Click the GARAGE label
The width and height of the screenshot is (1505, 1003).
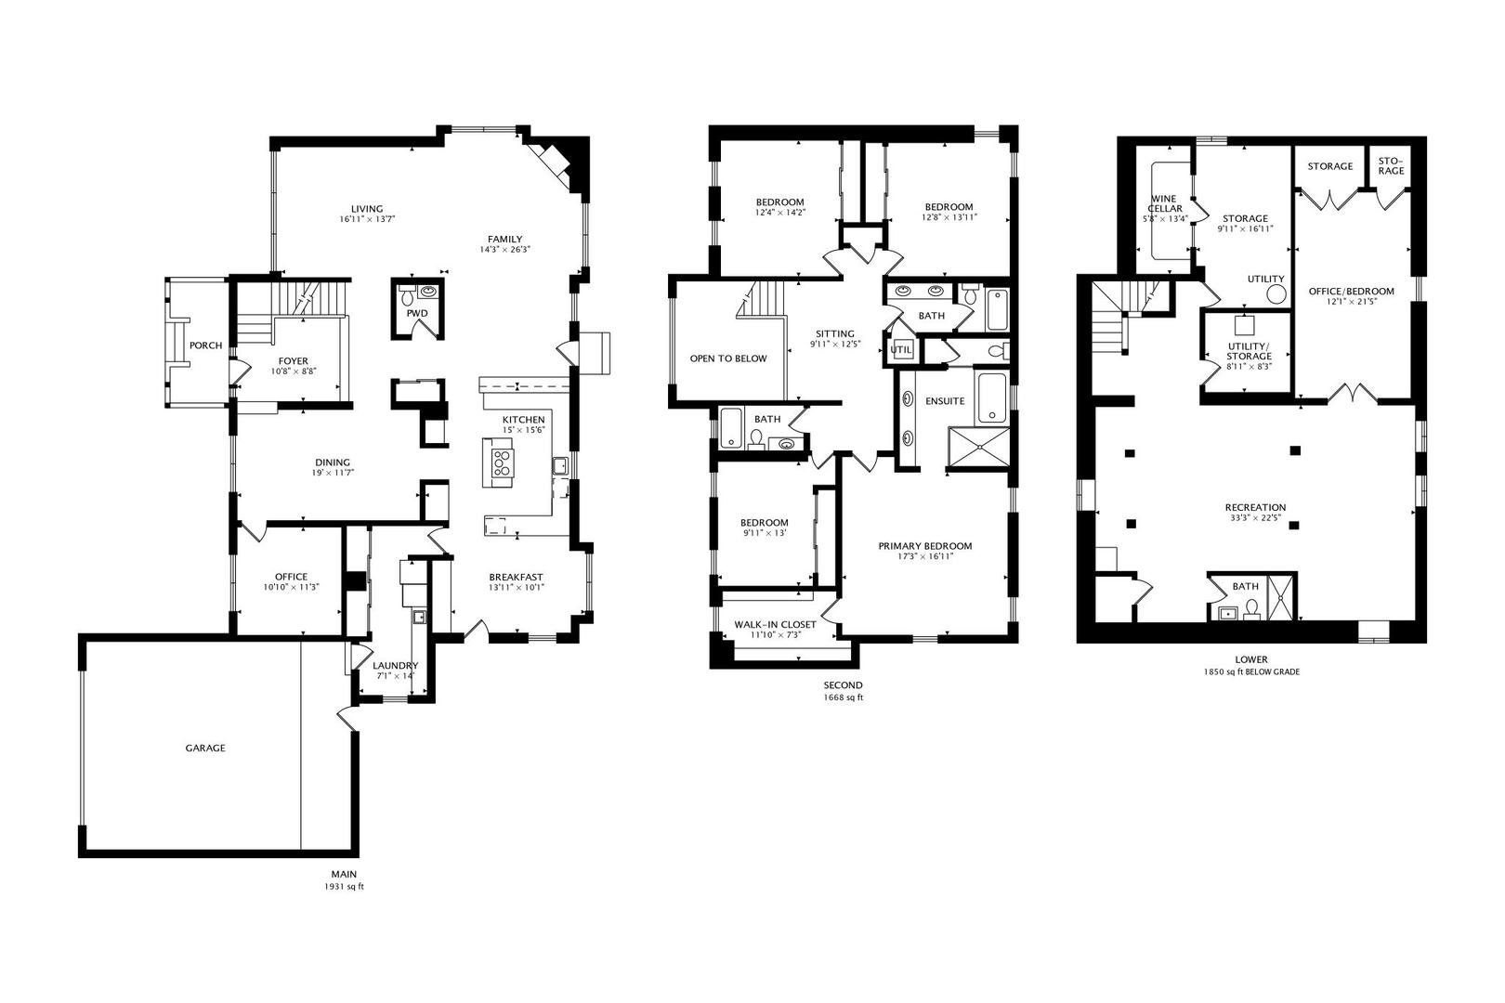pyautogui.click(x=204, y=748)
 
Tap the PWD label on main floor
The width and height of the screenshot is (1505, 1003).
pyautogui.click(x=417, y=313)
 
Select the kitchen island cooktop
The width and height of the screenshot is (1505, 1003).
pyautogui.click(x=503, y=462)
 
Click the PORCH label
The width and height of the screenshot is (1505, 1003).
pyautogui.click(x=205, y=345)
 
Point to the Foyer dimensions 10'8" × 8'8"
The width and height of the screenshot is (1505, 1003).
pyautogui.click(x=294, y=371)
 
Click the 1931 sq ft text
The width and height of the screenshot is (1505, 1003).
pyautogui.click(x=344, y=887)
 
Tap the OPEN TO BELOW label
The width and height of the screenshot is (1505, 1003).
pyautogui.click(x=727, y=358)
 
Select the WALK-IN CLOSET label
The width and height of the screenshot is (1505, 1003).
pyautogui.click(x=775, y=624)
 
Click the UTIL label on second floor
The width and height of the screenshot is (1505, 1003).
pyautogui.click(x=900, y=350)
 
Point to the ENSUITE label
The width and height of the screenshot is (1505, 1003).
pyautogui.click(x=945, y=401)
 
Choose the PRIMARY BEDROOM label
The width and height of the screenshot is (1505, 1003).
pyautogui.click(x=924, y=546)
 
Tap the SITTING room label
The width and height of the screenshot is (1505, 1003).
pyautogui.click(x=834, y=334)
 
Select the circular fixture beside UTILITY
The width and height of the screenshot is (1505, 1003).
pyautogui.click(x=1276, y=294)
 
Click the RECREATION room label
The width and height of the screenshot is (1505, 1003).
pyautogui.click(x=1254, y=507)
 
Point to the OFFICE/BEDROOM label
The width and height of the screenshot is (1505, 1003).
pyautogui.click(x=1351, y=292)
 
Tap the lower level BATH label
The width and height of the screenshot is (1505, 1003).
pyautogui.click(x=1245, y=586)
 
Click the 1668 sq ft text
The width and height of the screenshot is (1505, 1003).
pyautogui.click(x=843, y=697)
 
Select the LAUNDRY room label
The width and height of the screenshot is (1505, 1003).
pyautogui.click(x=395, y=665)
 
